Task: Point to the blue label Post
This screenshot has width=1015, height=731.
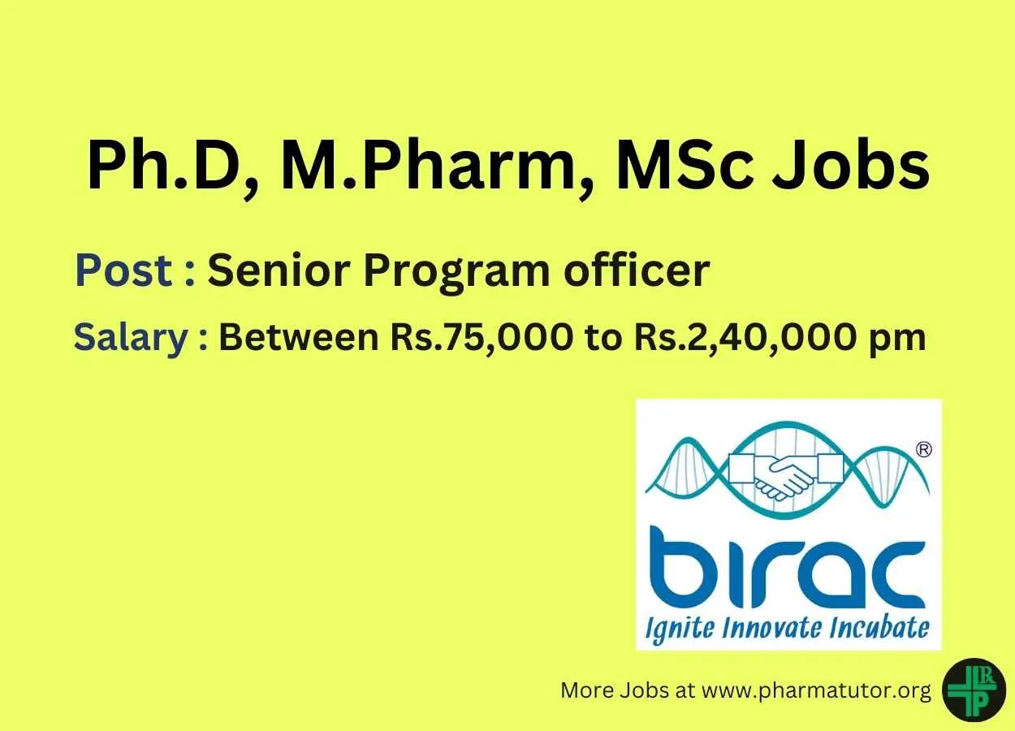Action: pyautogui.click(x=123, y=270)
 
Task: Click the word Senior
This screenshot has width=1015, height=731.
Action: pyautogui.click(x=279, y=270)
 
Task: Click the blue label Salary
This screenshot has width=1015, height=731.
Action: pyautogui.click(x=131, y=339)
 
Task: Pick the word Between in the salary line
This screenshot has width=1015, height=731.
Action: pyautogui.click(x=299, y=337)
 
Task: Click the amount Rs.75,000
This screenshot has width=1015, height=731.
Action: pyautogui.click(x=482, y=339)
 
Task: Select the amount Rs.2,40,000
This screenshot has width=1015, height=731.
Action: pyautogui.click(x=744, y=339)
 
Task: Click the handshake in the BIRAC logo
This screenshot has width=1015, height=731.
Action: pyautogui.click(x=786, y=477)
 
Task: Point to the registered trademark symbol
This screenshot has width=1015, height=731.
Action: pyautogui.click(x=924, y=450)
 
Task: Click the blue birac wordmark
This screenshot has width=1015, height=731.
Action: pyautogui.click(x=787, y=567)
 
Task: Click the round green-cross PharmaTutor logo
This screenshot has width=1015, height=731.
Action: pyautogui.click(x=974, y=690)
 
